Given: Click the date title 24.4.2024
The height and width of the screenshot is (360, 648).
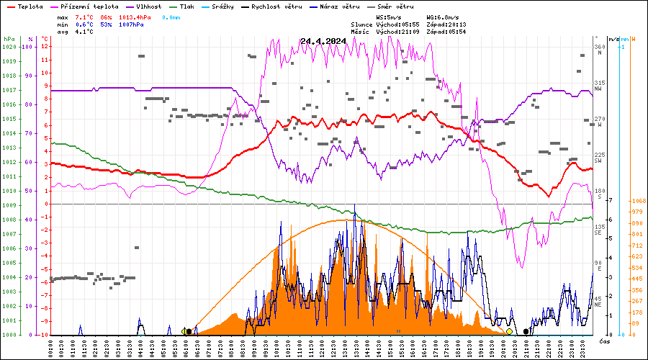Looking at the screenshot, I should coord(323,41).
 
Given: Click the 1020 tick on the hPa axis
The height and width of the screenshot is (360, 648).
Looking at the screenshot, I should coord(9,47).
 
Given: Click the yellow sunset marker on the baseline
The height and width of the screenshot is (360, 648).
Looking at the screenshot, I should coord(509,331).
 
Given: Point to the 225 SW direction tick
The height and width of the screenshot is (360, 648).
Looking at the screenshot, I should coord(599,158).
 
